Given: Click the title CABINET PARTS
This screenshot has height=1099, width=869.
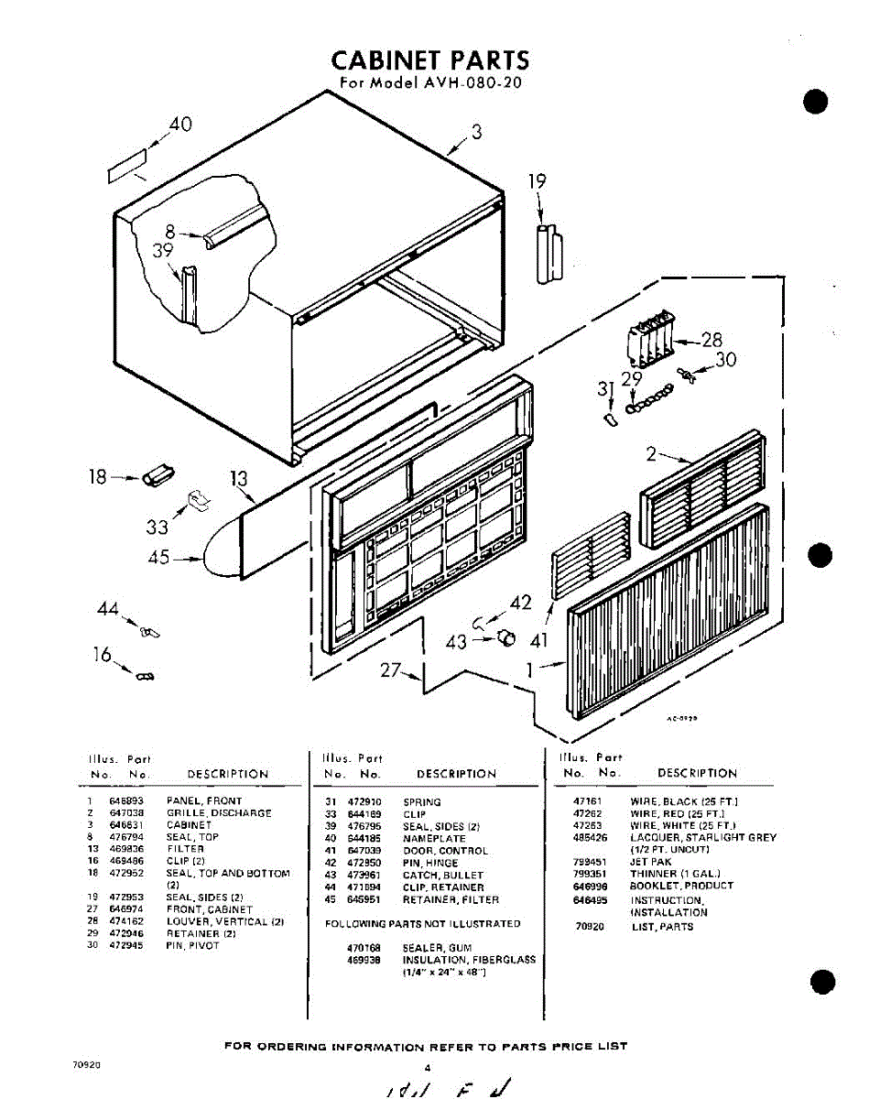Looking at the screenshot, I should click(429, 60).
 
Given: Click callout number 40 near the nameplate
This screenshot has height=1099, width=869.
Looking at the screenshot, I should click(179, 124).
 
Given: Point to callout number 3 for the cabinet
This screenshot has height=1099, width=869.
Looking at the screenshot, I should click(476, 132).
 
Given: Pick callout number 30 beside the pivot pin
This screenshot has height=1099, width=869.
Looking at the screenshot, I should click(725, 360).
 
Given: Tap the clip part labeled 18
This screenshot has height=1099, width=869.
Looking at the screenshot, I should click(157, 476).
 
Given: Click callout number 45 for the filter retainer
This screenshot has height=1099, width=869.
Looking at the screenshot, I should click(158, 557).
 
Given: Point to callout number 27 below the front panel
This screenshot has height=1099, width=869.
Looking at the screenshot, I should click(391, 670).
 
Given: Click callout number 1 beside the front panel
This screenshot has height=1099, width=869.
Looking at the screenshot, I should click(529, 669).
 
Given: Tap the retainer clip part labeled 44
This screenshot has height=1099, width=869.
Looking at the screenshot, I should click(149, 631).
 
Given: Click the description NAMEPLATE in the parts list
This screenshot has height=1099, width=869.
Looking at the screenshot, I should click(433, 838).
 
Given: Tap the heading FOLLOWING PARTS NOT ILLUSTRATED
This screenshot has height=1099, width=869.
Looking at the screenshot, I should click(422, 923).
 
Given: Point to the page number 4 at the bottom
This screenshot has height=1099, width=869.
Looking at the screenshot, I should click(427, 1067).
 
